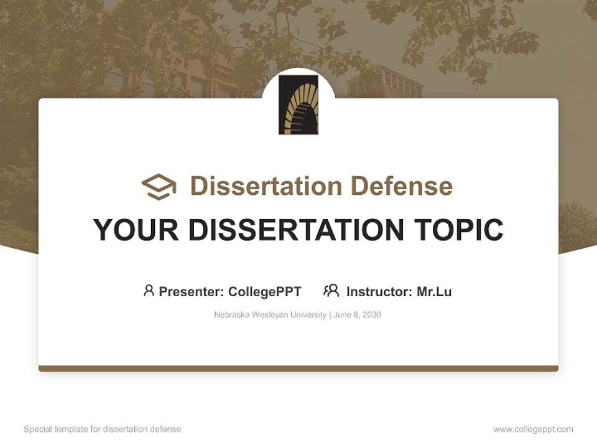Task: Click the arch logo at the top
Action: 298,105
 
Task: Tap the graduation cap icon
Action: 159,187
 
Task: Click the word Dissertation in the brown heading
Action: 266,186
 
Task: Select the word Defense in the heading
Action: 402,186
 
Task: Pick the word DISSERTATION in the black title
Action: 296,230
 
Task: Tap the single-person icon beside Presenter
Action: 149,291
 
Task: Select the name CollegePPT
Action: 265,292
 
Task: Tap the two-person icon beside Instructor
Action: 331,291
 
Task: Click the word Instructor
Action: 379,292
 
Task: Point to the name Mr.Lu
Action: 434,292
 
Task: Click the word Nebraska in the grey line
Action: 231,315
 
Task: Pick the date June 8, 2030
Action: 357,315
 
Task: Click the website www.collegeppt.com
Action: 533,429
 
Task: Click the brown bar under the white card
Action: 298,368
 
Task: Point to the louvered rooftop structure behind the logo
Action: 384,82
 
